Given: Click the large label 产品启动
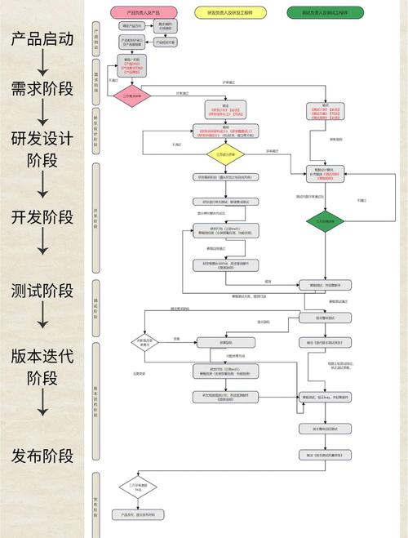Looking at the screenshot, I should click(42, 39).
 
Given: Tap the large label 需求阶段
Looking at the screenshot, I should click(42, 88).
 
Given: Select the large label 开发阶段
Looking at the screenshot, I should click(42, 217).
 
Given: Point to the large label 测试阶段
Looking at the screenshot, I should click(42, 291).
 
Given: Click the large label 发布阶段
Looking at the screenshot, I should click(42, 455).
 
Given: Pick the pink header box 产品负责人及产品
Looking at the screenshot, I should click(144, 14).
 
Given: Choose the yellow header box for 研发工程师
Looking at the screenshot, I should click(230, 14).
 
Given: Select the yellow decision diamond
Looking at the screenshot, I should click(231, 153).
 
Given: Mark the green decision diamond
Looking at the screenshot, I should click(325, 220).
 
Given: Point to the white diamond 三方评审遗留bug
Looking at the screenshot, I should click(137, 488).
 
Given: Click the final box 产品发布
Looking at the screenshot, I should click(137, 515).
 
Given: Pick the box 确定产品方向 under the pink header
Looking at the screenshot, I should click(131, 25).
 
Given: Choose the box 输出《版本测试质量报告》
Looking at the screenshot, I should click(324, 454).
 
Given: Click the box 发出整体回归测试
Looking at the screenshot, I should click(324, 428).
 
